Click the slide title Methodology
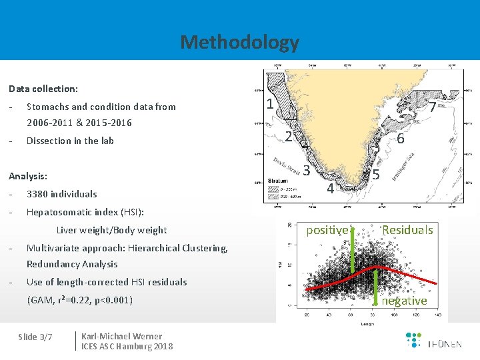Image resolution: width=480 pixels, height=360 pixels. tap(239, 43)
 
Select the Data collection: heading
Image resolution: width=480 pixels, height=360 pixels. tap(43, 89)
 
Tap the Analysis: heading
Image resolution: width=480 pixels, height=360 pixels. tap(28, 177)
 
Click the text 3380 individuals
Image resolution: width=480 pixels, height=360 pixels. tap(61, 194)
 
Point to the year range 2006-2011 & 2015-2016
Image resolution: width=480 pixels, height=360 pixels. tap(79, 123)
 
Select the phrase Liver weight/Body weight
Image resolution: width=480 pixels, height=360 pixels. tap(111, 231)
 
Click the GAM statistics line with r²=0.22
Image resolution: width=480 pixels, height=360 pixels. tap(80, 300)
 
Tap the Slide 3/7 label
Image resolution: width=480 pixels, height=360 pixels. tap(36, 337)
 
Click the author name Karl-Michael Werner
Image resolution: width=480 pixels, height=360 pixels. tap(121, 336)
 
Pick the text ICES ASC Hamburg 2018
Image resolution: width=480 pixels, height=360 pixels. tap(127, 346)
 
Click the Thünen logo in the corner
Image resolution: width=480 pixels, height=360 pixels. tap(433, 341)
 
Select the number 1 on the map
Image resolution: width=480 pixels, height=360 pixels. tap(269, 104)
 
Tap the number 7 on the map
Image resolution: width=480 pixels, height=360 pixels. tap(433, 107)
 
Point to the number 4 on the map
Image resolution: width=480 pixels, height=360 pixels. tap(329, 189)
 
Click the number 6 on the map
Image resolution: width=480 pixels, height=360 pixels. tap(401, 139)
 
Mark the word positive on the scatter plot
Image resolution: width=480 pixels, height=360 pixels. tap(327, 230)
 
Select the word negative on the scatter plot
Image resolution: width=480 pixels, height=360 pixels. tap(404, 301)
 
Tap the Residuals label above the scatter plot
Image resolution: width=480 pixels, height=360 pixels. tap(407, 230)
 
